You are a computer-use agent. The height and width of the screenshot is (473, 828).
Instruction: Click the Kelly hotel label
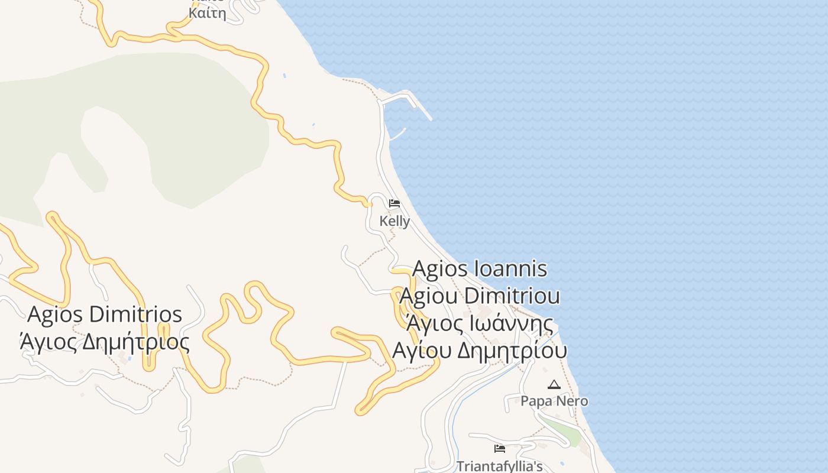tap(394, 221)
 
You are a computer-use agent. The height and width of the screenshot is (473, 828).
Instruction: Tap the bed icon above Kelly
tap(394, 204)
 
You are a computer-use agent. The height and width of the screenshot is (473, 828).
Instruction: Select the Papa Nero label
tap(554, 401)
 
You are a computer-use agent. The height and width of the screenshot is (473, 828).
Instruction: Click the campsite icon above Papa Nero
tap(554, 385)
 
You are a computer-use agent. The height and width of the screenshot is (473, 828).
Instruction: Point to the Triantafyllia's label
tap(499, 466)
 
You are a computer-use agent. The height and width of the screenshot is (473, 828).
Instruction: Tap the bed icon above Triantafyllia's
tap(500, 449)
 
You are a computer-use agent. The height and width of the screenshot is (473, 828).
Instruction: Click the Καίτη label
tap(207, 13)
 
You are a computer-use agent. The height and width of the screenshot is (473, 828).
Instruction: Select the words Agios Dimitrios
tap(105, 314)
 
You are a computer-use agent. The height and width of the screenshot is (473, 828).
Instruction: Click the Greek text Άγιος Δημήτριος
tap(105, 342)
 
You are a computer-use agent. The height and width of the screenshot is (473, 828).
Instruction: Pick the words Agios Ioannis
tap(480, 268)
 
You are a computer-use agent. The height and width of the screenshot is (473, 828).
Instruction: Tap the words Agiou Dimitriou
tap(480, 295)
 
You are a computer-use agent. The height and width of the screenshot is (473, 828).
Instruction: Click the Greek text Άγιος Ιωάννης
tap(480, 323)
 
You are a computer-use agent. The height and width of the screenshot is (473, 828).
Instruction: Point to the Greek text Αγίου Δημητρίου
tap(480, 350)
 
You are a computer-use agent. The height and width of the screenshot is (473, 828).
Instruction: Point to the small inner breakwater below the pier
tap(397, 135)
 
